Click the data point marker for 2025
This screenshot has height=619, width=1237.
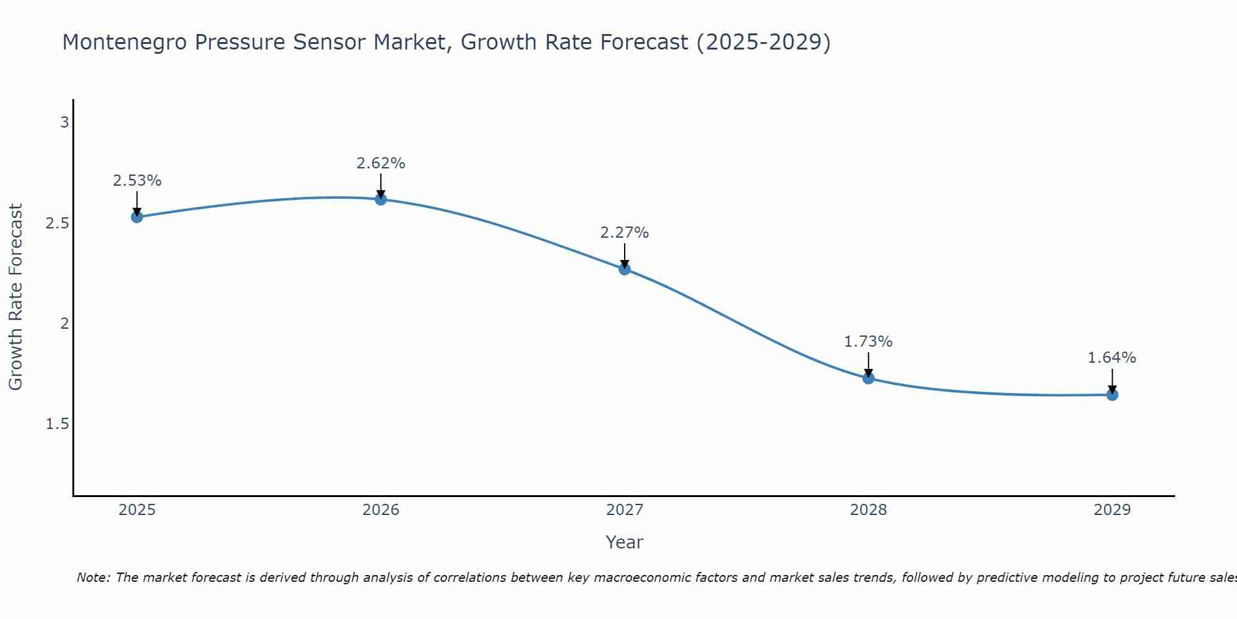click(137, 217)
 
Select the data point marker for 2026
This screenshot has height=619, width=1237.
click(381, 199)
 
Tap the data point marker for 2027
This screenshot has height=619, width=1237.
click(625, 269)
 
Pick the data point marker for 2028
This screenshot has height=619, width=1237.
click(868, 378)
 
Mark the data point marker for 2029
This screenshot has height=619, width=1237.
click(1112, 394)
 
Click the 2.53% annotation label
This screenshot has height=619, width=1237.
click(137, 181)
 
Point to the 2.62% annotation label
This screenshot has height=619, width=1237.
click(381, 163)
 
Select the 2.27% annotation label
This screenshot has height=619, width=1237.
click(625, 233)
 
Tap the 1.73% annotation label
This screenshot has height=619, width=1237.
click(868, 342)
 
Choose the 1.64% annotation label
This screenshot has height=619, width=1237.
click(1112, 358)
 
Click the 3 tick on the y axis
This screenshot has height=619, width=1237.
click(64, 123)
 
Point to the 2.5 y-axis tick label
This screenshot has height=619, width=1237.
click(58, 223)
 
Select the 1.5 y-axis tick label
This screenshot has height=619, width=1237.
click(58, 424)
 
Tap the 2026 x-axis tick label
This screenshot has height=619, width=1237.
click(381, 510)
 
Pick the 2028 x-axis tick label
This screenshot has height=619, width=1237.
click(868, 510)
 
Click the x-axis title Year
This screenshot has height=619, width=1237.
click(625, 542)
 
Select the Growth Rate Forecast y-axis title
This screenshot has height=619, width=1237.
click(16, 297)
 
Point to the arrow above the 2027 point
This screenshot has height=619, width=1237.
click(625, 255)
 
